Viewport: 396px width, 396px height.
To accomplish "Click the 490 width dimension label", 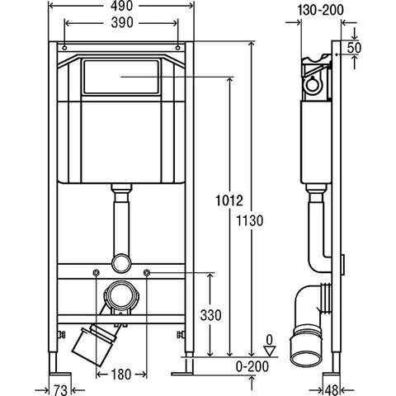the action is tap(121, 6).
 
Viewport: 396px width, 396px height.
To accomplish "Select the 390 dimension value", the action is tap(122, 23).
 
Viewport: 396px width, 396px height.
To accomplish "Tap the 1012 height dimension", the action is tap(229, 200).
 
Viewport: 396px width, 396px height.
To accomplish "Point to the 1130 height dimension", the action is tap(250, 220).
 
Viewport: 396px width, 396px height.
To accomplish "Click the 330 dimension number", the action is tap(210, 315).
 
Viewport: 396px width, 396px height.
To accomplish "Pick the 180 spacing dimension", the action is tap(121, 375).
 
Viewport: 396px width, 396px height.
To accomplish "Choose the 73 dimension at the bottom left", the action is tap(60, 390).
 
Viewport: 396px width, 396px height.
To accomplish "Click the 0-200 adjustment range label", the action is tap(252, 366).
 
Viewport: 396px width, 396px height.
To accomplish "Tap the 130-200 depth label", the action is tap(321, 10).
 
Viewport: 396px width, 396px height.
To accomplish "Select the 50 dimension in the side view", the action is tap(354, 48).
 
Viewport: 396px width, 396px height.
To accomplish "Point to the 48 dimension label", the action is tap(332, 390).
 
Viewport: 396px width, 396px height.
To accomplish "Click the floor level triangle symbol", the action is tap(270, 351).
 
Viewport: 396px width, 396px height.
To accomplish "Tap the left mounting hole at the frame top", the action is tap(64, 48).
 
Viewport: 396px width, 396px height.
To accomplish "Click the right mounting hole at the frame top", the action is tap(177, 48).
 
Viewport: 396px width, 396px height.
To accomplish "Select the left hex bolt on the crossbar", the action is tap(96, 273).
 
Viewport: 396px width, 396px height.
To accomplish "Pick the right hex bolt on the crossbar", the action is tap(146, 273).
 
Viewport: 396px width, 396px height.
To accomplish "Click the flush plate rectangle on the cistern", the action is tap(121, 77).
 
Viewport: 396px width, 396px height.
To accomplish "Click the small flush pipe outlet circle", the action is tap(121, 262).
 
